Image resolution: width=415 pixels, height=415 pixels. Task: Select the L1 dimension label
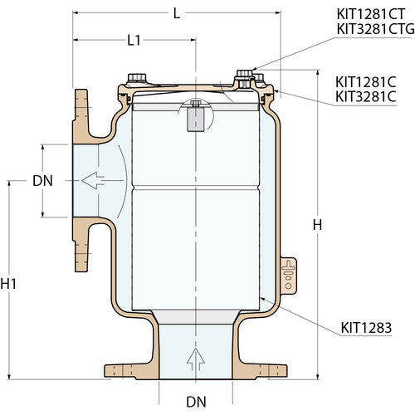(136, 41)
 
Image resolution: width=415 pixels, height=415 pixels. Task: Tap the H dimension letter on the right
(316, 225)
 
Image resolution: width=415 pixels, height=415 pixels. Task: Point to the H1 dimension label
(9, 284)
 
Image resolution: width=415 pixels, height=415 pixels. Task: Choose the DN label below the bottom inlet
(196, 403)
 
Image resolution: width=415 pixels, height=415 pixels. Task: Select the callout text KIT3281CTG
(374, 29)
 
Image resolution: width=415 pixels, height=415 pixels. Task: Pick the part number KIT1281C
(366, 82)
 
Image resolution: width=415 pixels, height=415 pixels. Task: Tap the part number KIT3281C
(366, 97)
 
